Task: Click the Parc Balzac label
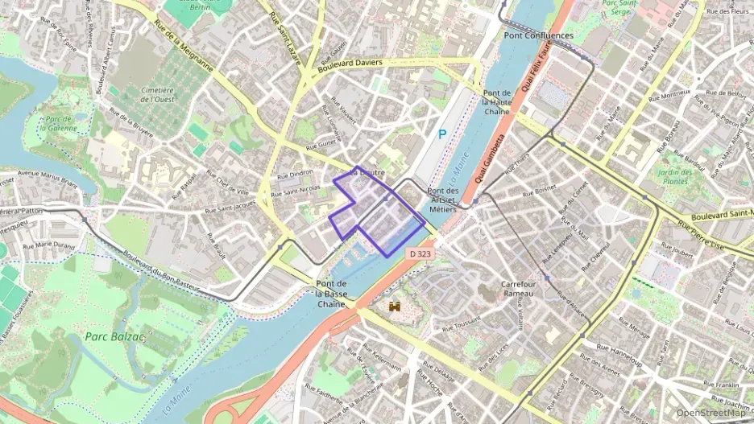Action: click(114, 336)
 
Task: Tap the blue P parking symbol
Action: click(441, 135)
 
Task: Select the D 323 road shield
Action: click(419, 253)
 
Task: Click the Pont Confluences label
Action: click(538, 35)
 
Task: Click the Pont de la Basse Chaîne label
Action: click(332, 294)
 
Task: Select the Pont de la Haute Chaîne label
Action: click(497, 102)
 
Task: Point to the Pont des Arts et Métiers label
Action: click(443, 200)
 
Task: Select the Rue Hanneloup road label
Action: click(618, 350)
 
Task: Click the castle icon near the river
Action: click(395, 307)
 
